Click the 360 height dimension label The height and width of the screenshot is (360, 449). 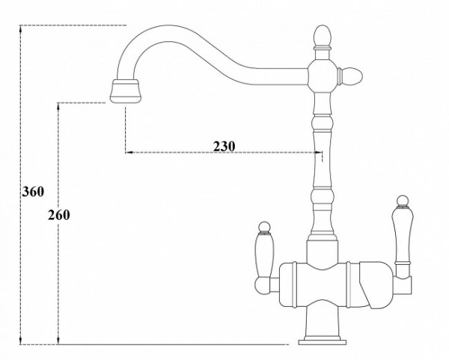tap(33, 192)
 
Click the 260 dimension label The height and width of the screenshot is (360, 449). tap(58, 215)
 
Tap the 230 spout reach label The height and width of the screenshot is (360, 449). tap(224, 147)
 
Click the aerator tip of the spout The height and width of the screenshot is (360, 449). tap(126, 91)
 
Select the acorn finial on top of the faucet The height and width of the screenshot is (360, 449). tap(323, 37)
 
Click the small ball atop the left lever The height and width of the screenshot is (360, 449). tap(264, 226)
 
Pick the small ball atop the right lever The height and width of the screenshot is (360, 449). tap(403, 201)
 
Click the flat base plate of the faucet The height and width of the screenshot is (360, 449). tap(323, 342)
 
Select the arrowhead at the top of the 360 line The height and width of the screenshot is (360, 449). tap(21, 29)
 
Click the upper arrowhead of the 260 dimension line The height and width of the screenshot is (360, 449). tap(58, 107)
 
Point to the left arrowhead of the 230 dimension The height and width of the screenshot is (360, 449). tap(129, 153)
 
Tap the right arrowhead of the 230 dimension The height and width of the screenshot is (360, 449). tap(318, 153)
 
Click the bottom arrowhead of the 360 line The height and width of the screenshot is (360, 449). tap(21, 340)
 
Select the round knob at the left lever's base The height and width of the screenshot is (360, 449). tap(262, 286)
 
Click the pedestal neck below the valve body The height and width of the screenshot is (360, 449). tap(323, 321)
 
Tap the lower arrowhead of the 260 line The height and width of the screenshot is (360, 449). tap(58, 340)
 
